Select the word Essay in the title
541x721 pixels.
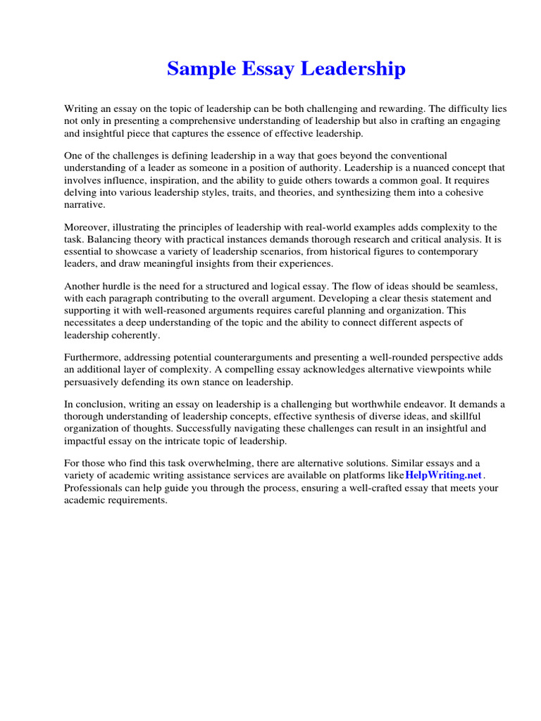click(268, 69)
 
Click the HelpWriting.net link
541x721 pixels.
click(444, 475)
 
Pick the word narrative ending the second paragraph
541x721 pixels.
click(84, 204)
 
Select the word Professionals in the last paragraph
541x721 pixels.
click(93, 488)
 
